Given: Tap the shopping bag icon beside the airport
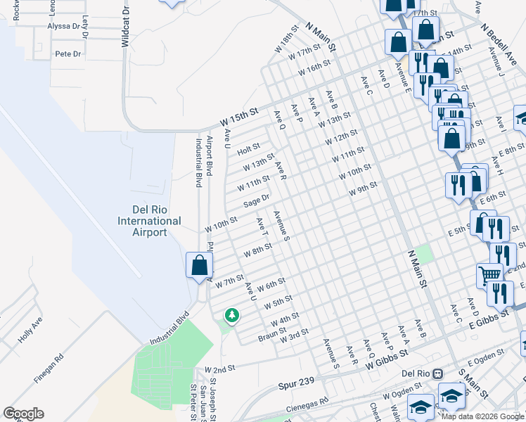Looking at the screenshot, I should pyautogui.click(x=200, y=265).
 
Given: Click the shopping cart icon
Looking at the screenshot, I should pyautogui.click(x=489, y=274).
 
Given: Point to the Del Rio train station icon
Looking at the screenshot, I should pyautogui.click(x=437, y=373).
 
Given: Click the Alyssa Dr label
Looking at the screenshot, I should pyautogui.click(x=63, y=26).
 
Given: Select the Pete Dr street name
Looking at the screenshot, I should pyautogui.click(x=68, y=53).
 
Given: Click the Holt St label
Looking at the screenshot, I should pyautogui.click(x=248, y=150).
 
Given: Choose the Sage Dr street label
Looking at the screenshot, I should pyautogui.click(x=257, y=201).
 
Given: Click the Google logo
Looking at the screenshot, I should pyautogui.click(x=23, y=414).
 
